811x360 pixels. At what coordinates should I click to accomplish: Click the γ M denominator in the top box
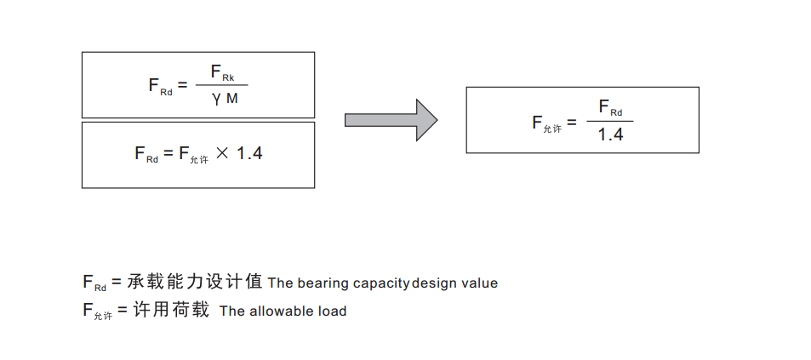225,100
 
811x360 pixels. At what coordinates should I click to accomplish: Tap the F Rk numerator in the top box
223,75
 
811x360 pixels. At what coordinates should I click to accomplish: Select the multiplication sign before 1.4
223,153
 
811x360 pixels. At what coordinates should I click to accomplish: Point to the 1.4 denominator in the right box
610,134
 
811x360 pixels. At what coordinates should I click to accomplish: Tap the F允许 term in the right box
546,123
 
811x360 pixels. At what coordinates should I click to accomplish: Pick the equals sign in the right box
570,122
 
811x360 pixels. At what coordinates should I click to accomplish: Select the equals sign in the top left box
182,85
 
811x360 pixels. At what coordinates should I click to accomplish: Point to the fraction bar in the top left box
221,86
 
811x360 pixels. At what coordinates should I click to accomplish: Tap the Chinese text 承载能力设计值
195,281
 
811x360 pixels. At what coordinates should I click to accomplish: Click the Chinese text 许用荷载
171,310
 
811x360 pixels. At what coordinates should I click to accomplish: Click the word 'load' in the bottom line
333,311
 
